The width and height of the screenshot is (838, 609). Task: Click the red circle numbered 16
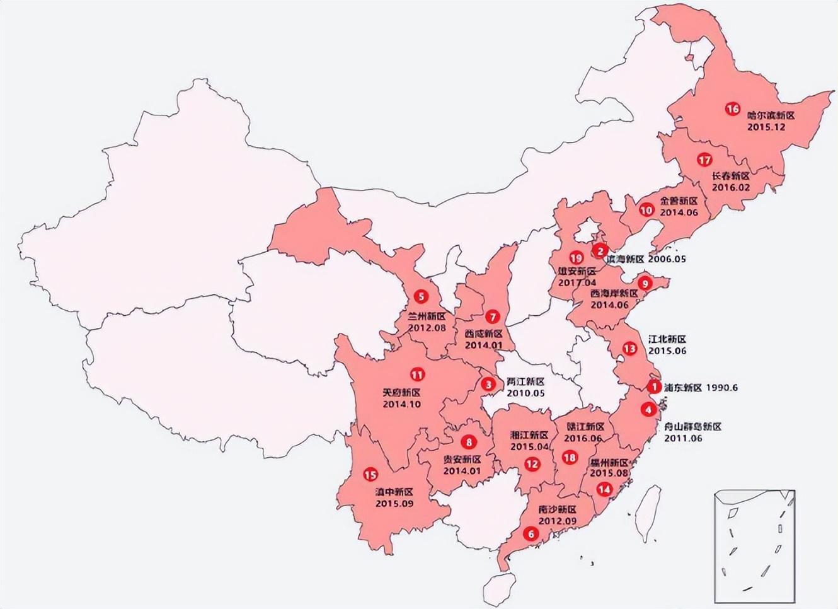732,109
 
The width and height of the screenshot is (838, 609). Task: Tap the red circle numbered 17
704,160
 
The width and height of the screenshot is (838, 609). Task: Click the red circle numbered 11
416,374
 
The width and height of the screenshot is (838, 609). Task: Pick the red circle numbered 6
531,533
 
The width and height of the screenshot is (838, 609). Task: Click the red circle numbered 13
629,349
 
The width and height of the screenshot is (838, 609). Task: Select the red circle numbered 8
468,442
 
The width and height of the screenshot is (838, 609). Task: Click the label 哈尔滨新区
771,115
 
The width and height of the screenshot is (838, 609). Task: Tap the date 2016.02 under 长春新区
731,187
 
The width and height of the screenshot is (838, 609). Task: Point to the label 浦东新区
683,388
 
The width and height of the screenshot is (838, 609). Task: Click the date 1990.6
722,388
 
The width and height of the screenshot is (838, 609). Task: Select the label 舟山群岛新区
692,427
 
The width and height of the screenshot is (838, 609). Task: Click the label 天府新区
401,392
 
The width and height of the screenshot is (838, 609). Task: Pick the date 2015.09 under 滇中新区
394,503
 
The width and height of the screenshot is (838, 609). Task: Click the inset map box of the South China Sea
754,546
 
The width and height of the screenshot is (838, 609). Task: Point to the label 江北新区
667,339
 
